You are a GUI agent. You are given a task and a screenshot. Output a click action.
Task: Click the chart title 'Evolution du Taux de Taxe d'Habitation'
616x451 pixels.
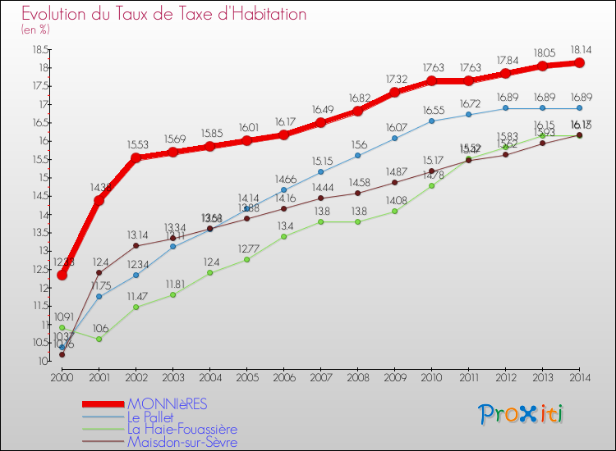164,15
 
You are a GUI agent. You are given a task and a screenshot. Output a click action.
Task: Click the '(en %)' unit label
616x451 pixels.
35,30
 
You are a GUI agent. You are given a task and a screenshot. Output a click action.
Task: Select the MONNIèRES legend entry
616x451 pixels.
178,403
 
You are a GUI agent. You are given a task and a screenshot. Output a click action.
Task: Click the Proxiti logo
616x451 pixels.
522,414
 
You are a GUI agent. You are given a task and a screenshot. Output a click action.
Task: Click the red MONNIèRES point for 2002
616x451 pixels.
136,157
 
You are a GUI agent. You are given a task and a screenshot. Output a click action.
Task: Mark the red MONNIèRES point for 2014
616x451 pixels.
579,62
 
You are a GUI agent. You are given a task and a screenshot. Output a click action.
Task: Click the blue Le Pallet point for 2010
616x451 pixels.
431,121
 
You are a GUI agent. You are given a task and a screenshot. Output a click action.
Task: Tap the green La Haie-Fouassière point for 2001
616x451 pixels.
99,339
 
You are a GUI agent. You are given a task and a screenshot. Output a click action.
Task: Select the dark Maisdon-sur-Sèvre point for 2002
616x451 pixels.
136,245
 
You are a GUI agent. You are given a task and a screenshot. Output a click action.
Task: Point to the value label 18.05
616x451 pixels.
542,51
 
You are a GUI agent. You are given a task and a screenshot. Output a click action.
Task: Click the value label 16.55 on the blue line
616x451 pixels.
431,109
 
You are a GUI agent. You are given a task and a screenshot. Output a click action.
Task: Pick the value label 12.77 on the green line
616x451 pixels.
246,248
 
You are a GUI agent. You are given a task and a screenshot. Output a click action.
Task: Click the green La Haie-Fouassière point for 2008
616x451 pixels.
357,221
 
